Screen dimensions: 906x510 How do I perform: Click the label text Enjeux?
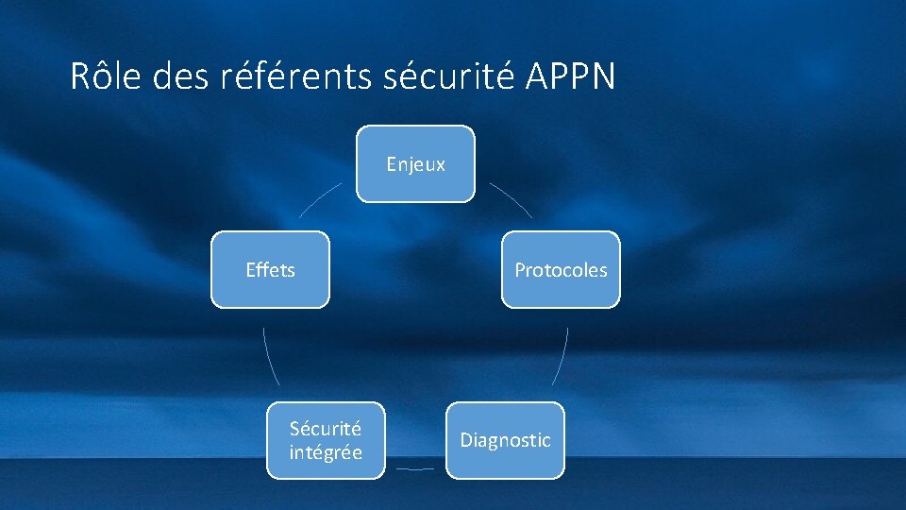(x=415, y=164)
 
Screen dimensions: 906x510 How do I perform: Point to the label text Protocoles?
(x=561, y=270)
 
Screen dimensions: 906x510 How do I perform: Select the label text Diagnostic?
(x=505, y=440)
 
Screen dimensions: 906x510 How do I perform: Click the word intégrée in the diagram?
(x=326, y=452)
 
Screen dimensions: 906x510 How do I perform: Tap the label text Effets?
(x=270, y=270)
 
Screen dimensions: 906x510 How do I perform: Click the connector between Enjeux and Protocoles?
(x=512, y=198)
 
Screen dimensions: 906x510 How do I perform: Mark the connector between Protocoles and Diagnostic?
(x=562, y=356)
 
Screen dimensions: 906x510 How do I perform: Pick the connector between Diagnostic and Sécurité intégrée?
(x=415, y=468)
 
